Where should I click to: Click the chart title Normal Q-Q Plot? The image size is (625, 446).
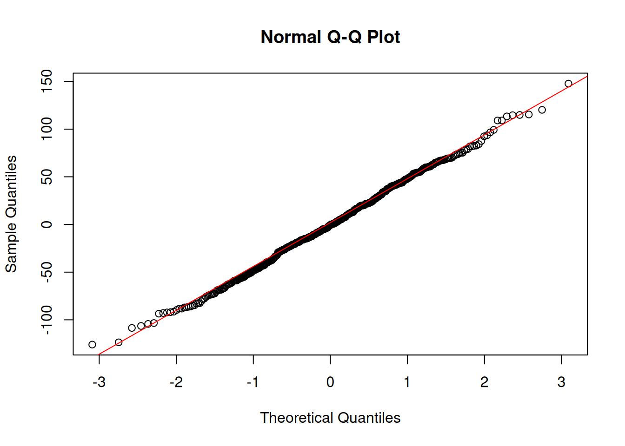[330, 37]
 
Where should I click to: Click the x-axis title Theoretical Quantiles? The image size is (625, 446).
[330, 418]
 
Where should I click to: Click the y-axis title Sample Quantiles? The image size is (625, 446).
[11, 214]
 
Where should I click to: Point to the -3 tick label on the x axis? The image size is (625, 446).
[99, 382]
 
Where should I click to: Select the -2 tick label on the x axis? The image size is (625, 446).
[176, 382]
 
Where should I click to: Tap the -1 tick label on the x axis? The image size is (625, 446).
[253, 382]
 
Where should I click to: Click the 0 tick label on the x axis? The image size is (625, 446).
[330, 382]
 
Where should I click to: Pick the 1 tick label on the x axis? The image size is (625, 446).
[407, 382]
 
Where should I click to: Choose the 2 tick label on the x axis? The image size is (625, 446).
[485, 382]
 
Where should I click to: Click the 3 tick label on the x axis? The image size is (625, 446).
[561, 382]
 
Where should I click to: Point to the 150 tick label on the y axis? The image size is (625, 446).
[47, 81]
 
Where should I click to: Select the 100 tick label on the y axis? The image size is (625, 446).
[47, 129]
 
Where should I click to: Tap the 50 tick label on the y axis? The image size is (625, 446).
[47, 177]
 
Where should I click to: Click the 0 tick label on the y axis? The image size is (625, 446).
[47, 224]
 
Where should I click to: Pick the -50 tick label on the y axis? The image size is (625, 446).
[47, 271]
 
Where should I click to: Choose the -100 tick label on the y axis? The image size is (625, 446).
[47, 320]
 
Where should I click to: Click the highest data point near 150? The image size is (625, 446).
[568, 84]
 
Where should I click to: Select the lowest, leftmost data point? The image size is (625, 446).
[92, 345]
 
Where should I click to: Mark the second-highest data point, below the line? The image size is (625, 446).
[542, 110]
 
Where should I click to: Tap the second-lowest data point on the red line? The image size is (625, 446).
[119, 342]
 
